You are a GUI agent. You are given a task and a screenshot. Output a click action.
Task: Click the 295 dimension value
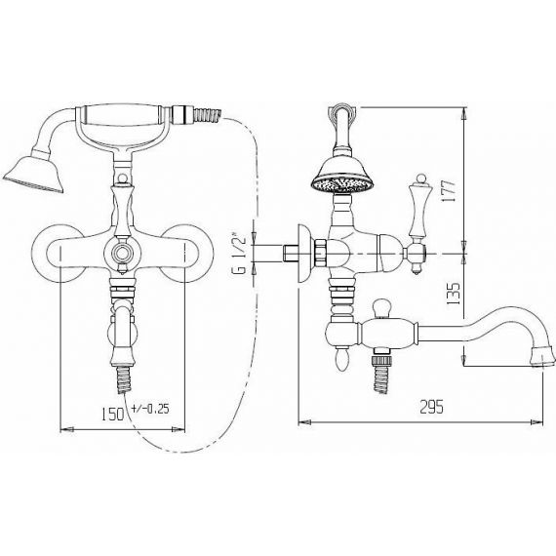point(431,407)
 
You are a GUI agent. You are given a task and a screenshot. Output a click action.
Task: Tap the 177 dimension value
point(449,191)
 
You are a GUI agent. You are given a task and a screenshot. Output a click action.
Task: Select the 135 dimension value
point(454,294)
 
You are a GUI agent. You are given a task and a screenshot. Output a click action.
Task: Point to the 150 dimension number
point(113,414)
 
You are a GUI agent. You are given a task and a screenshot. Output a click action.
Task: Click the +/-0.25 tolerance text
point(150,409)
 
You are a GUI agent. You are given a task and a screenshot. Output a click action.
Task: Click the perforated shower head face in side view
point(341,185)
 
